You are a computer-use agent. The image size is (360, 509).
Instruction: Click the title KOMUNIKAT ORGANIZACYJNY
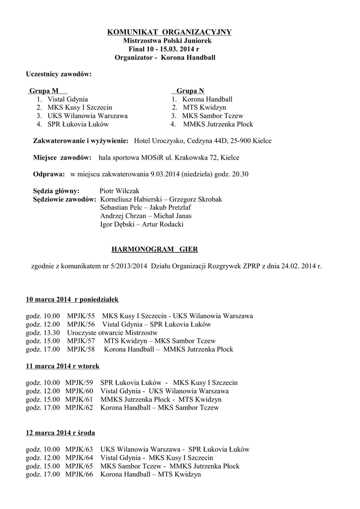pyautogui.click(x=170, y=32)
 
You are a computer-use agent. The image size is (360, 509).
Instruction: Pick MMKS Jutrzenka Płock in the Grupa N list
pyautogui.click(x=218, y=124)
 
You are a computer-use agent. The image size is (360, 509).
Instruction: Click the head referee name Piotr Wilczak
pyautogui.click(x=120, y=191)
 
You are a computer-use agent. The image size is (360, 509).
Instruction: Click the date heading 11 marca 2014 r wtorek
pyautogui.click(x=63, y=366)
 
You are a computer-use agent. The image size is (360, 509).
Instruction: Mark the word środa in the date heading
pyautogui.click(x=86, y=433)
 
